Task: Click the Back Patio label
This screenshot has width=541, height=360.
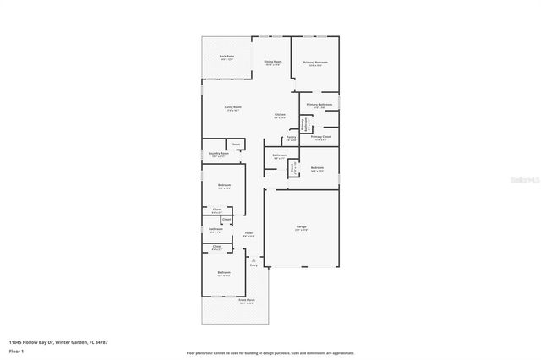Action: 227,57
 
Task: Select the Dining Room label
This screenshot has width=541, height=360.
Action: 272,62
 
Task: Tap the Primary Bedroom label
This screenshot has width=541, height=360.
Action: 316,63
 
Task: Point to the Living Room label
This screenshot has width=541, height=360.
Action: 232,107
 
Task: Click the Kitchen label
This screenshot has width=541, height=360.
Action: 280,114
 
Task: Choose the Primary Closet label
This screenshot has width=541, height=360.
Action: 321,136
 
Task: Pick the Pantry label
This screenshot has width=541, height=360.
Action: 291,136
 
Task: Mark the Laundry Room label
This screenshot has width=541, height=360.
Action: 219,153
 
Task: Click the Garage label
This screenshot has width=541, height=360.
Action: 301,226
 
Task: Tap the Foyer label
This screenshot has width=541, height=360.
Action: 249,232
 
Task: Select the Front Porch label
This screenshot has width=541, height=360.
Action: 246,300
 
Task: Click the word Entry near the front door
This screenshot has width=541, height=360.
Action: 254,265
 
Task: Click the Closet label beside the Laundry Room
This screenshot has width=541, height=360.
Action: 236,145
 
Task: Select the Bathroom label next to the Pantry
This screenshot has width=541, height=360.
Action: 279,155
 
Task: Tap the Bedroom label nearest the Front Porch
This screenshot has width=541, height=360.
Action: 224,272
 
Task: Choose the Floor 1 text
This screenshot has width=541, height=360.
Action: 16,350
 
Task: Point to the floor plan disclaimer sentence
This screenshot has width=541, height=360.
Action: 270,352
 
